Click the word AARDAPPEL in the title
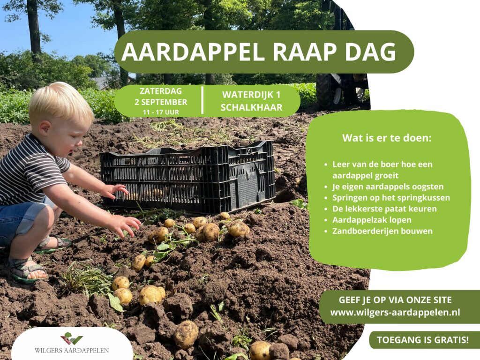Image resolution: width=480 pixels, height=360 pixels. pos(193,52)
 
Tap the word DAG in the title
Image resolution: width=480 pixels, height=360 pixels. pos(371,52)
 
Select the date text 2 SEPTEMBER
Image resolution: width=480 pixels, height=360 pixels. pos(161,102)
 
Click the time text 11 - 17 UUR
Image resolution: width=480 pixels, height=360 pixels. pos(161,112)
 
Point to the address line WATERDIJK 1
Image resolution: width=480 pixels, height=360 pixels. pos(251,95)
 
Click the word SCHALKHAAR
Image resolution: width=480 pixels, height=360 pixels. pos(251,107)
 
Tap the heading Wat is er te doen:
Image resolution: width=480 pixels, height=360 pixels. pos(387,138)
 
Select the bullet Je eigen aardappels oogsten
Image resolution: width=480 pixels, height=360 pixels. pos(388,187)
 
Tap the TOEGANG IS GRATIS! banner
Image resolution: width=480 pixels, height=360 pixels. pos(422,340)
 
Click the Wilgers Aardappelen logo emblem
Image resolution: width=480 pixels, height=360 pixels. pos(71,338)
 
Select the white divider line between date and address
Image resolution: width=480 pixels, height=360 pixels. pos(202,100)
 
